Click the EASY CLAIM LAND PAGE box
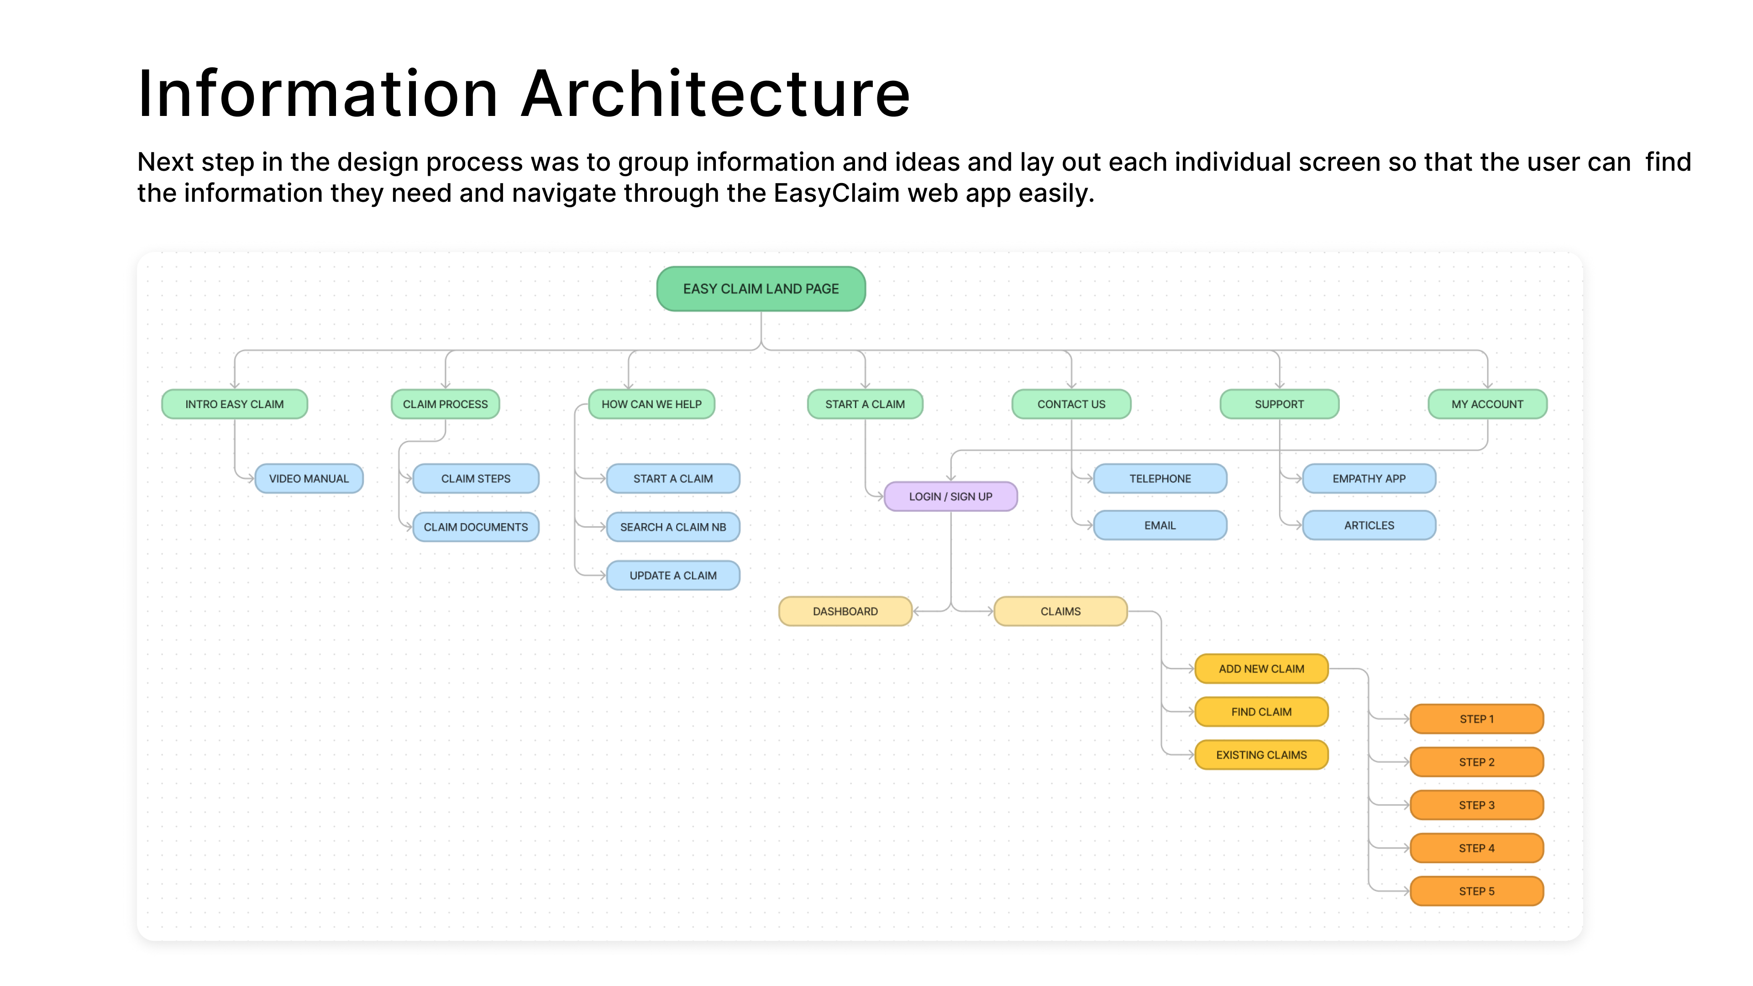pyautogui.click(x=761, y=288)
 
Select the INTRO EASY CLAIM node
pyautogui.click(x=234, y=404)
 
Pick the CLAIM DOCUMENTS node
pyautogui.click(x=476, y=527)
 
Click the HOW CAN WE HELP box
pyautogui.click(x=651, y=404)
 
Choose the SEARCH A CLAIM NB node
pyautogui.click(x=672, y=527)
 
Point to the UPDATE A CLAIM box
pyautogui.click(x=672, y=575)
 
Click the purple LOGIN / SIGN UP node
pyautogui.click(x=950, y=496)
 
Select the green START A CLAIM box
pyautogui.click(x=865, y=404)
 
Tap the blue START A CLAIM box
pyautogui.click(x=672, y=478)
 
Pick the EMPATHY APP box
pyautogui.click(x=1369, y=478)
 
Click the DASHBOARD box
pyautogui.click(x=845, y=611)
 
